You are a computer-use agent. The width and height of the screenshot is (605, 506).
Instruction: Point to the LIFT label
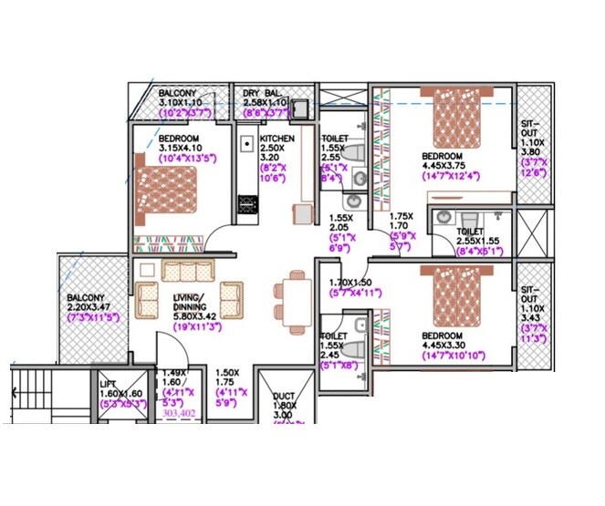click(x=108, y=385)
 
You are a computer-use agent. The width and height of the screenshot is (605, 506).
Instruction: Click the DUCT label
click(x=283, y=398)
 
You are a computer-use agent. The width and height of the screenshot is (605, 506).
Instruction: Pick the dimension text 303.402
click(x=180, y=413)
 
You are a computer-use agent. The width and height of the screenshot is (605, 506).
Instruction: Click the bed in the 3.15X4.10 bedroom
click(x=170, y=191)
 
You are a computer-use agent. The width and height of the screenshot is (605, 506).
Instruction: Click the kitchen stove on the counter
click(x=245, y=205)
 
